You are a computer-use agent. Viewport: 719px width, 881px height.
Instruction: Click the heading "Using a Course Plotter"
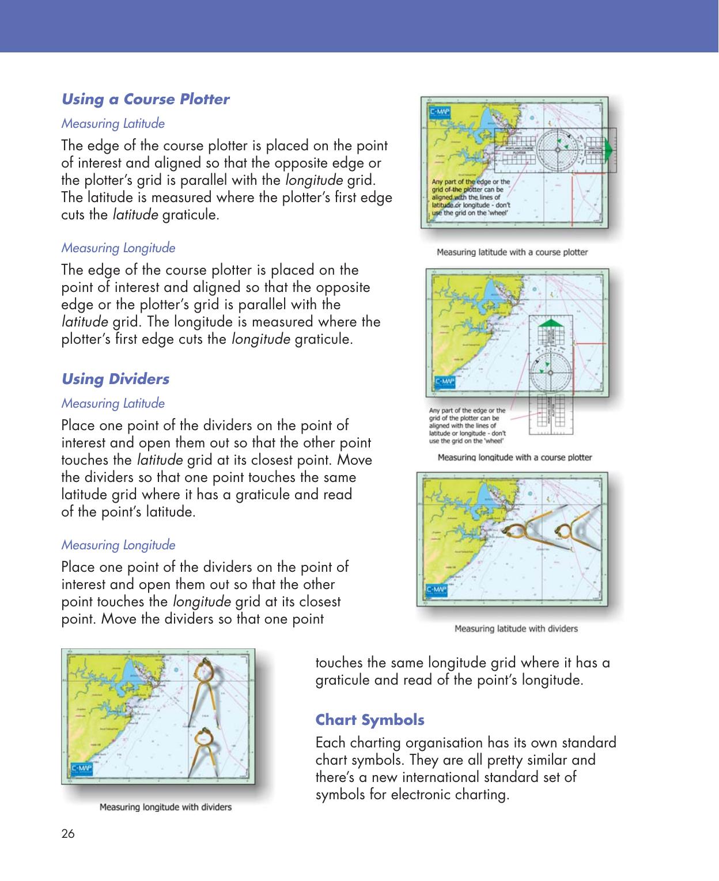point(145,99)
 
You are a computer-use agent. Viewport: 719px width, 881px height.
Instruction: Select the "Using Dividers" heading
point(115,379)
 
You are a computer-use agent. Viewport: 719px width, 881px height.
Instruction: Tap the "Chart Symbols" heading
point(370,720)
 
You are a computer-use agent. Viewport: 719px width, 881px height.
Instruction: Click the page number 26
point(68,833)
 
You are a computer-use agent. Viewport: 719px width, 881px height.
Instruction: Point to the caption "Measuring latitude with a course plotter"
point(512,252)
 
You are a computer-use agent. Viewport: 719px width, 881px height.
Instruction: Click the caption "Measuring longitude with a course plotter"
point(514,457)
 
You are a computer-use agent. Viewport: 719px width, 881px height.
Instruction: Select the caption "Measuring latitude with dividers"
point(516,628)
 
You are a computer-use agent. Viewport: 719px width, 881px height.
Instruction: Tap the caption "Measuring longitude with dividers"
point(166,807)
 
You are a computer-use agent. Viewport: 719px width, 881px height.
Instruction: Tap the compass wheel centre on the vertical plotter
point(548,370)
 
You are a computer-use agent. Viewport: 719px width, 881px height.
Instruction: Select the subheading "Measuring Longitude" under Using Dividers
point(118,545)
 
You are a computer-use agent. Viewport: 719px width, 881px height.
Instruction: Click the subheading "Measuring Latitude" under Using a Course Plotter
point(113,123)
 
